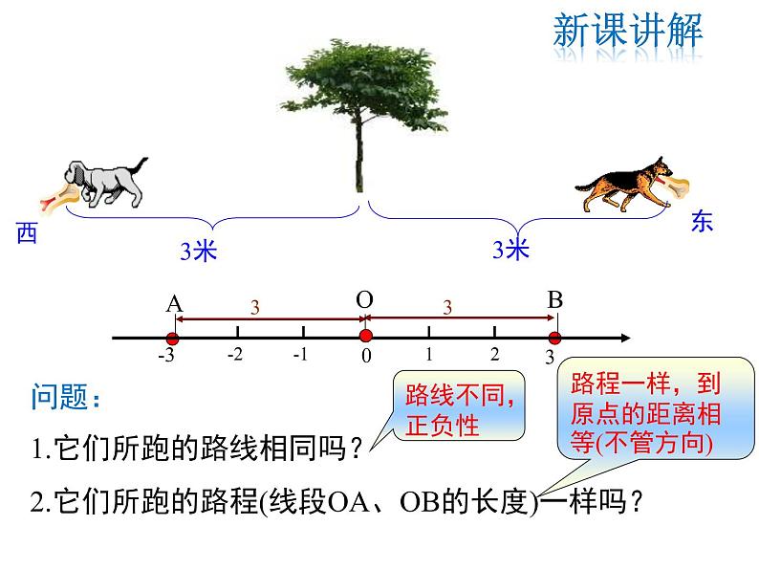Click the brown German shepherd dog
point(624,185)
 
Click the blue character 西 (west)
point(27,233)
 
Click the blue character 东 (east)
point(702,221)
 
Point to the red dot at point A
point(172,339)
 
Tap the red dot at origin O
point(366,336)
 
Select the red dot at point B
point(554,338)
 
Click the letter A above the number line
point(175,305)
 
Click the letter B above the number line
point(555,300)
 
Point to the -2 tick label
point(235,355)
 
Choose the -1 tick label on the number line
point(300,355)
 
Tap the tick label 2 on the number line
point(494,355)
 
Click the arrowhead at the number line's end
point(625,338)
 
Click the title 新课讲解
point(628,31)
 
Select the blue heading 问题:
point(66,397)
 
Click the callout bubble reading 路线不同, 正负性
point(459,406)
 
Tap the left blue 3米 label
point(199,252)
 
